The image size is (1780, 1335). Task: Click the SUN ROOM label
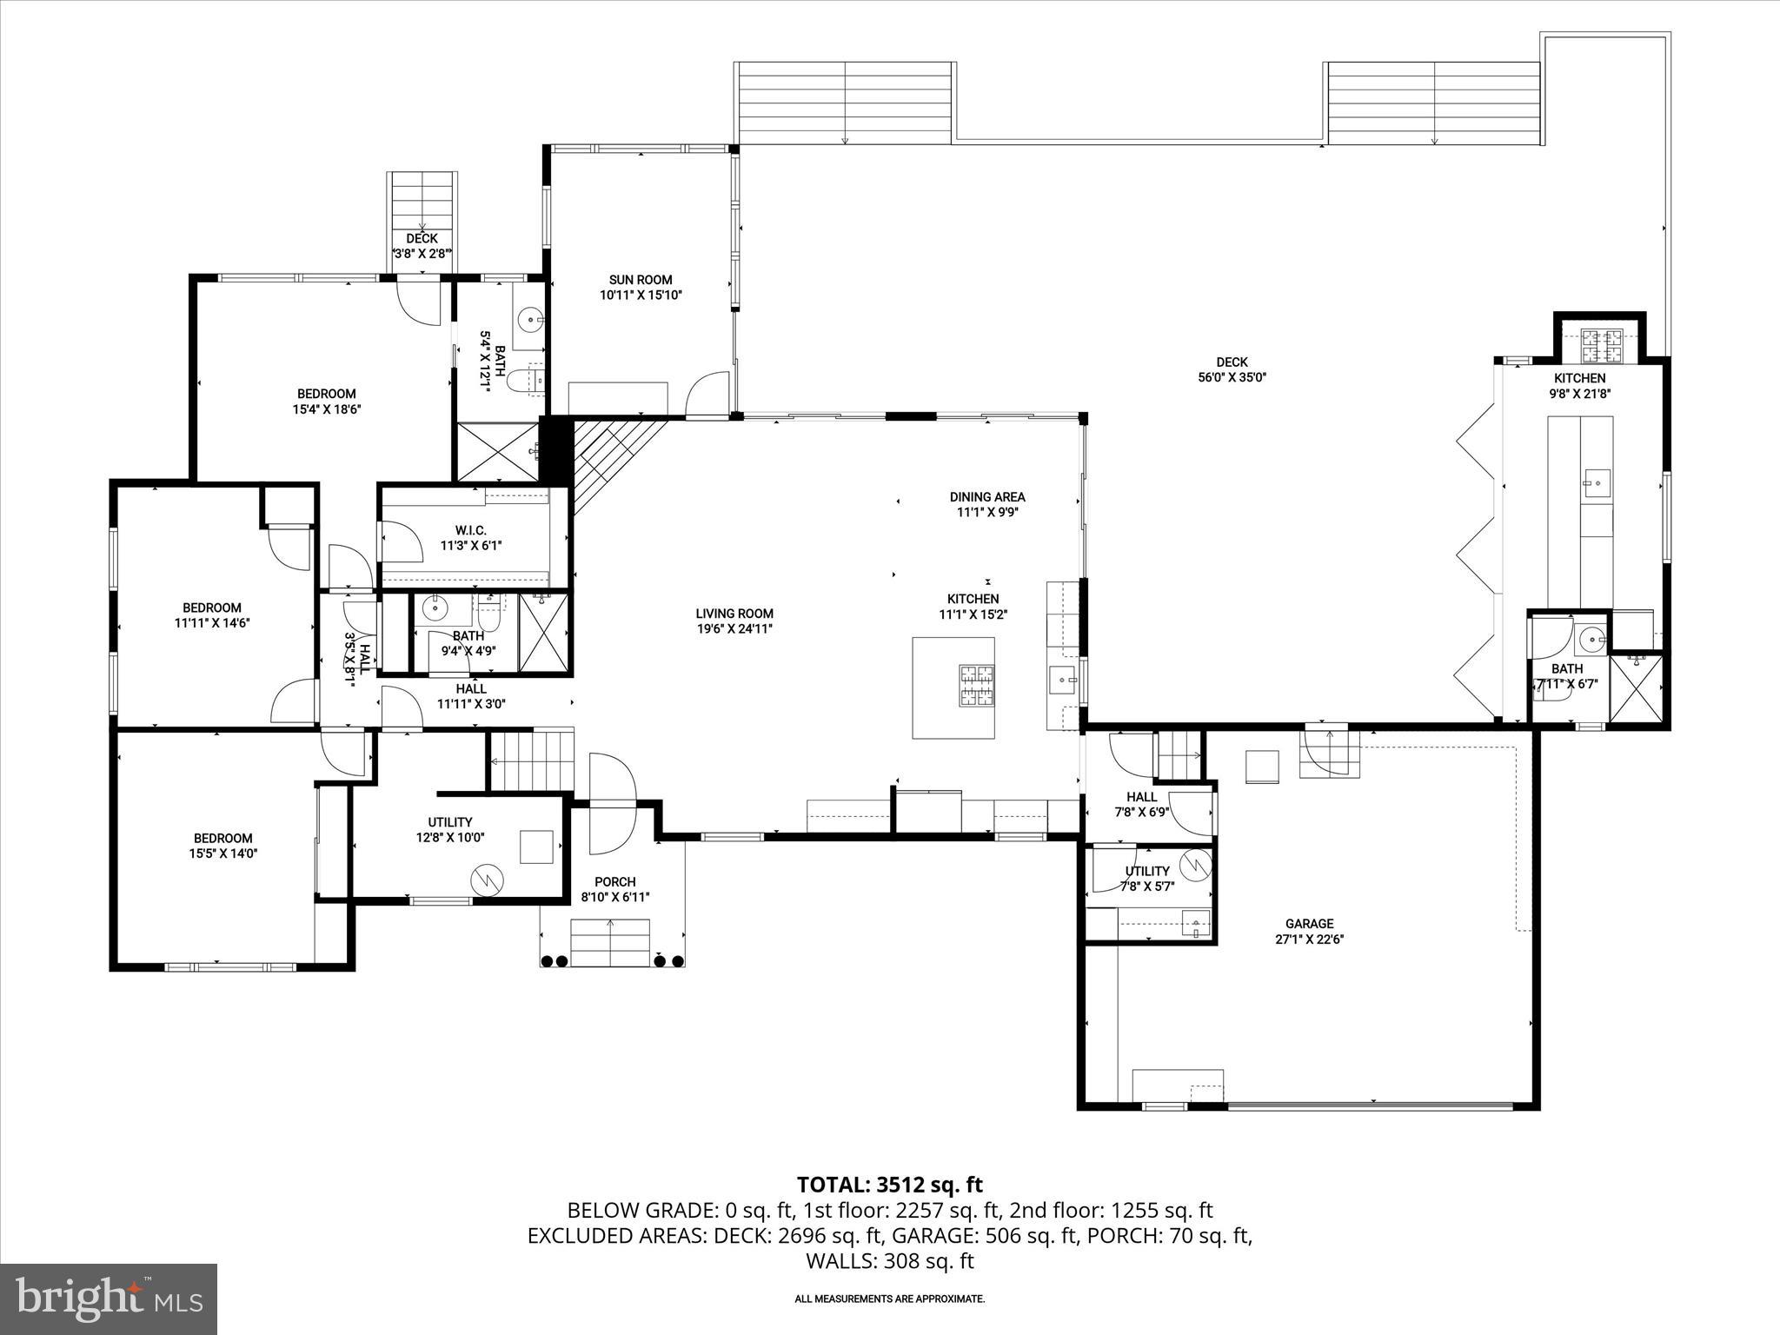click(641, 280)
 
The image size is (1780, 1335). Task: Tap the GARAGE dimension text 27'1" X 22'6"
click(1309, 940)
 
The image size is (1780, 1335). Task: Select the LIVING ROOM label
click(734, 614)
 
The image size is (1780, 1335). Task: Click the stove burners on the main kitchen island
click(977, 684)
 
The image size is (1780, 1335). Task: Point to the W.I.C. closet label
click(470, 530)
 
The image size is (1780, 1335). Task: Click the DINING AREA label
click(986, 497)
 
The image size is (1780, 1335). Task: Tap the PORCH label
click(614, 882)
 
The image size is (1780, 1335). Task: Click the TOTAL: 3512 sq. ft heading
click(889, 1185)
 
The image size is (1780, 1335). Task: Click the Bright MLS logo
click(109, 1298)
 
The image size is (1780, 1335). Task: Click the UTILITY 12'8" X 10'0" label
click(449, 822)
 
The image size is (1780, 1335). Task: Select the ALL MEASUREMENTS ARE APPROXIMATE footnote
click(889, 1298)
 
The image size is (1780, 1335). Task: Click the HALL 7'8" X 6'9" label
click(1141, 797)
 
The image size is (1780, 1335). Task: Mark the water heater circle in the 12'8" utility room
click(487, 880)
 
